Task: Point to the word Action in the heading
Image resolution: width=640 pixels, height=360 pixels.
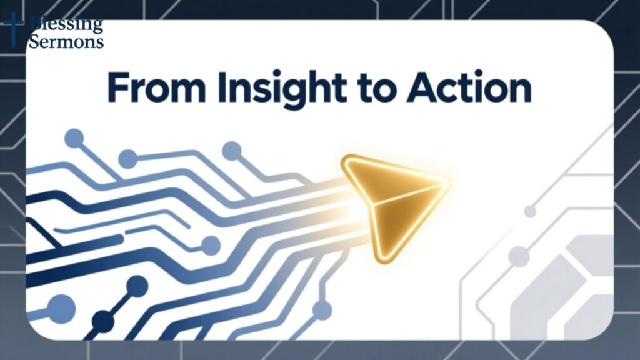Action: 469,89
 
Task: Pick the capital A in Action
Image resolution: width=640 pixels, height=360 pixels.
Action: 420,89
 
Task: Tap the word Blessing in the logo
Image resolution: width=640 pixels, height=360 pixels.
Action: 67,25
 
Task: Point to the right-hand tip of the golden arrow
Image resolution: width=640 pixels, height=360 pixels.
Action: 449,182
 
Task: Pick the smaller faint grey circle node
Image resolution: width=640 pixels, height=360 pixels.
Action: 530,211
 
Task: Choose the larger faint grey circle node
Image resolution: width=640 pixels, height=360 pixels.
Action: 518,255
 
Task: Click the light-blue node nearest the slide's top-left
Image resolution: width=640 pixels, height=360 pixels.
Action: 74,137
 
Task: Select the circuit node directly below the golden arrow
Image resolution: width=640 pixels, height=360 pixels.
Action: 322,309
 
